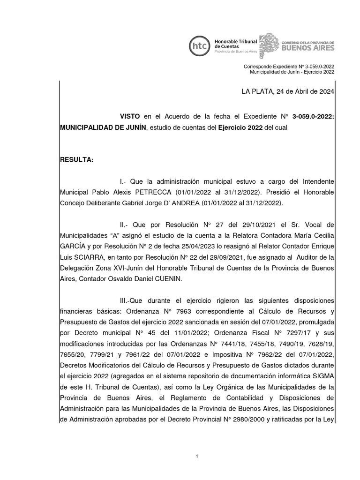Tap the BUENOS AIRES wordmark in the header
[307, 48]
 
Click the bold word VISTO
[130, 116]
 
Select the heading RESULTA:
[77, 160]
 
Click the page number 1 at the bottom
[197, 456]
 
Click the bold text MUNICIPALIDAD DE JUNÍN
[103, 127]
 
